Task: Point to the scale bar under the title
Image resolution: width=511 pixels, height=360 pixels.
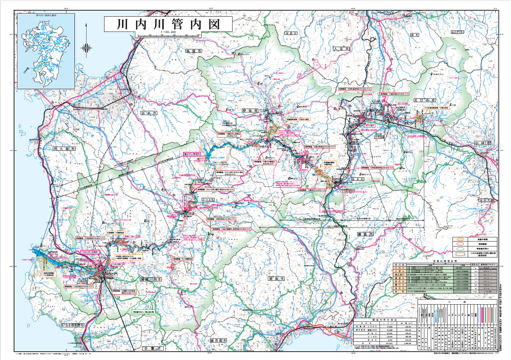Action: [x=168, y=35]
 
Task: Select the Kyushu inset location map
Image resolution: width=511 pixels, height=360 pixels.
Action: [x=46, y=51]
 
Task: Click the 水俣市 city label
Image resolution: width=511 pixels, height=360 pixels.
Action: [x=193, y=51]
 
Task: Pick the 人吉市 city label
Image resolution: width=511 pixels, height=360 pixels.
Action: [x=341, y=49]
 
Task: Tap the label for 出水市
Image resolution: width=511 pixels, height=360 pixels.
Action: [x=149, y=113]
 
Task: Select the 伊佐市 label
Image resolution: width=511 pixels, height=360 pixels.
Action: [x=250, y=111]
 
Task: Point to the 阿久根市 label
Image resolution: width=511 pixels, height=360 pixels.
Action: [x=64, y=149]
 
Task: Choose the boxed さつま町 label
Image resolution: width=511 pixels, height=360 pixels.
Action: [x=208, y=199]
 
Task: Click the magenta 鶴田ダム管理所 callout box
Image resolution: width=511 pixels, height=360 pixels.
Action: [x=191, y=155]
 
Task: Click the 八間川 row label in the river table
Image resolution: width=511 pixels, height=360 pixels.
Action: [x=398, y=272]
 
